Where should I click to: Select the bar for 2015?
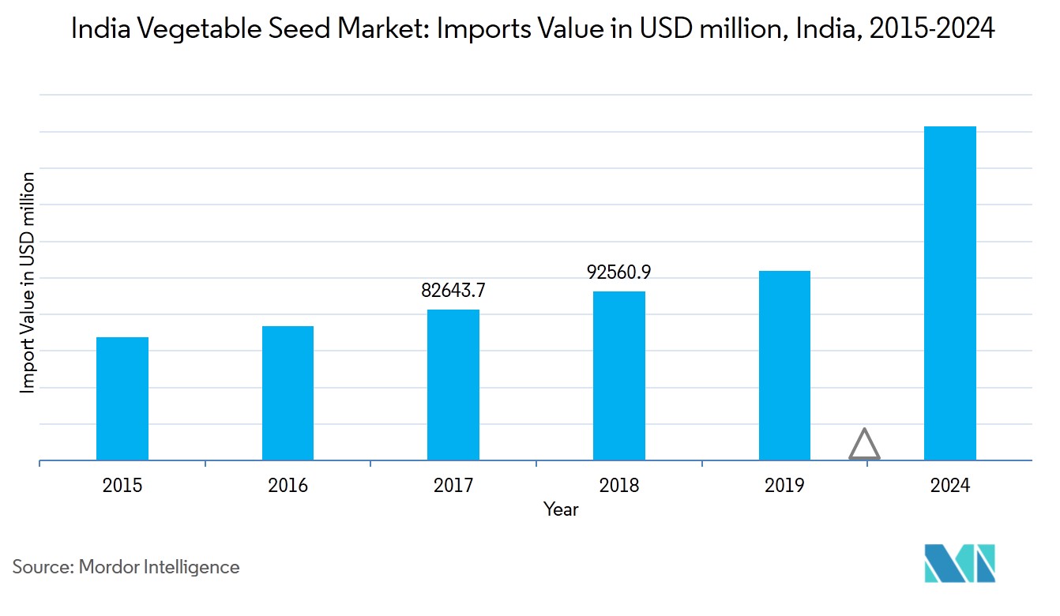122,399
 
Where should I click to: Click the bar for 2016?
288,393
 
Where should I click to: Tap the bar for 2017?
453,385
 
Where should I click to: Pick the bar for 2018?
619,376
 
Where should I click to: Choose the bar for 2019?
784,366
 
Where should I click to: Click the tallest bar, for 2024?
950,293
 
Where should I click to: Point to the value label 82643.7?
453,291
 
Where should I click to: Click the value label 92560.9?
619,272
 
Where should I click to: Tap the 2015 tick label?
122,485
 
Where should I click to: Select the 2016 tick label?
288,485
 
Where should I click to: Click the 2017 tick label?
453,485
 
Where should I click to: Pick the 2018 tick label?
619,485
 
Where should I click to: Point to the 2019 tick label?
784,485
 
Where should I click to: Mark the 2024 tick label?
950,485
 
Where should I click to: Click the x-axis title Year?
561,510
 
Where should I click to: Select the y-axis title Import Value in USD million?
28,282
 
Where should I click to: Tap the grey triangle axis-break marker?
865,445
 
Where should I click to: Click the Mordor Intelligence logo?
960,563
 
